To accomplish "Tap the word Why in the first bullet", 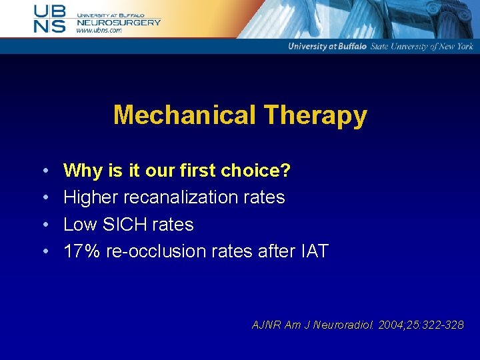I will click(x=83, y=171).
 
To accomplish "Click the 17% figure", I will click(x=81, y=251).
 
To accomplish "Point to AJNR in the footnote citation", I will click(x=266, y=325).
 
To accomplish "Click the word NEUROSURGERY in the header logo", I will click(x=119, y=22).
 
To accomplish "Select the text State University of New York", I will click(x=421, y=47).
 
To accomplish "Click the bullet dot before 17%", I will click(x=45, y=252).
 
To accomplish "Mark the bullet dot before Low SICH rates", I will click(x=45, y=225).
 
